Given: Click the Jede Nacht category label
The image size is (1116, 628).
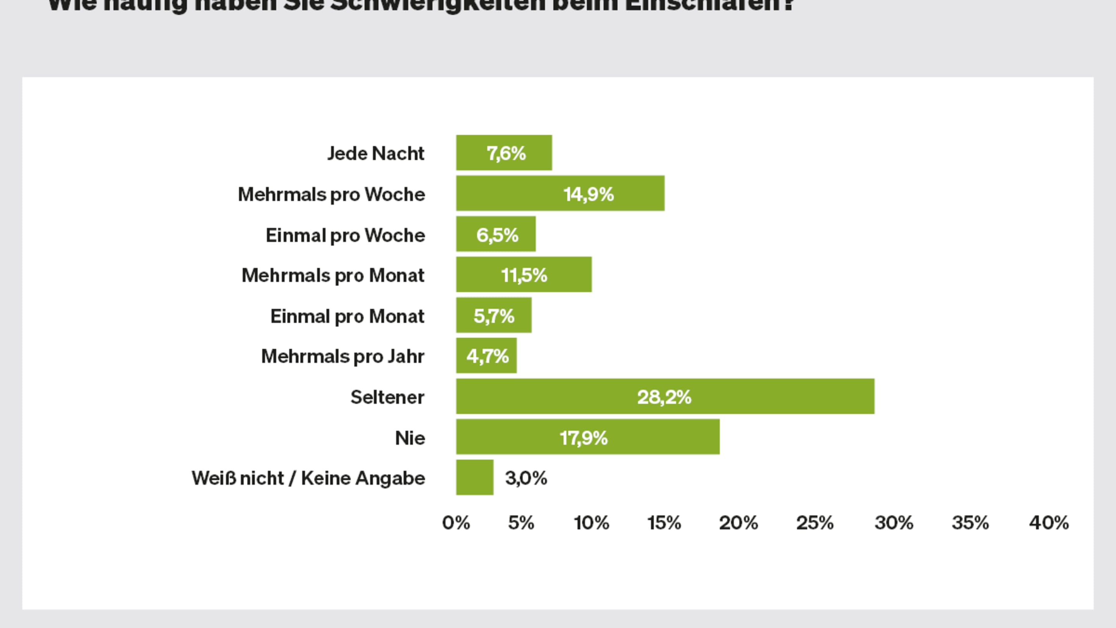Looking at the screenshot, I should tap(375, 154).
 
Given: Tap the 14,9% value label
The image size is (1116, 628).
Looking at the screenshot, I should tap(588, 194).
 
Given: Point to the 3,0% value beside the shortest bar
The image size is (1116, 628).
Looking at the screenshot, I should tap(526, 478).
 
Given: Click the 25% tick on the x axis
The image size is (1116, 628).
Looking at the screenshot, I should tap(815, 523).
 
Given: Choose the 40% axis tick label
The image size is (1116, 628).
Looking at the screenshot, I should tap(1049, 523).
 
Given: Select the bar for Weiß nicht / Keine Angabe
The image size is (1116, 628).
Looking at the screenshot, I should tap(474, 478).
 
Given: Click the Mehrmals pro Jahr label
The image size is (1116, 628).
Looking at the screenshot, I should tap(343, 356).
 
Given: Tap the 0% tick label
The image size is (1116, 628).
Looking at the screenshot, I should tap(456, 523).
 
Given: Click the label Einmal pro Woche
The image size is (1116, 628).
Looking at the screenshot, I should tap(345, 235).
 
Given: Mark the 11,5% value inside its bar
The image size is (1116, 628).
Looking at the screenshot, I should tap(524, 275).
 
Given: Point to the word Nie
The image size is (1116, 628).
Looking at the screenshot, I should tap(410, 438).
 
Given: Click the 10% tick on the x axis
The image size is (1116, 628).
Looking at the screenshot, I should tap(591, 523).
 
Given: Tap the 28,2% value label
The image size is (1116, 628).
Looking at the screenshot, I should tap(664, 397).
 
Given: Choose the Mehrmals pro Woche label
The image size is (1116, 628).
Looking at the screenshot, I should tap(331, 194).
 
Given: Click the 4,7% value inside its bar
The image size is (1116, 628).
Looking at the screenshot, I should tap(487, 356).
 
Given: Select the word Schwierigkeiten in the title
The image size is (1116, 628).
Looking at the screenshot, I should tap(437, 5).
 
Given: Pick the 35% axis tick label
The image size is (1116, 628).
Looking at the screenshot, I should tap(970, 523).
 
